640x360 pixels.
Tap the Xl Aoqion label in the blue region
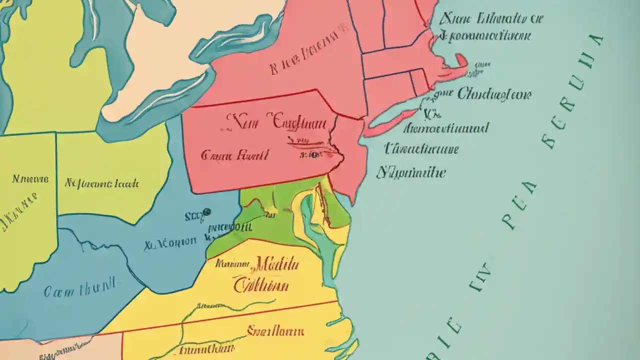click(x=170, y=243)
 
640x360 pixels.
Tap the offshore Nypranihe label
click(x=410, y=173)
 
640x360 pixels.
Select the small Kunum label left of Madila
click(x=232, y=263)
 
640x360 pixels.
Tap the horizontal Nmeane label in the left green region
click(x=30, y=178)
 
